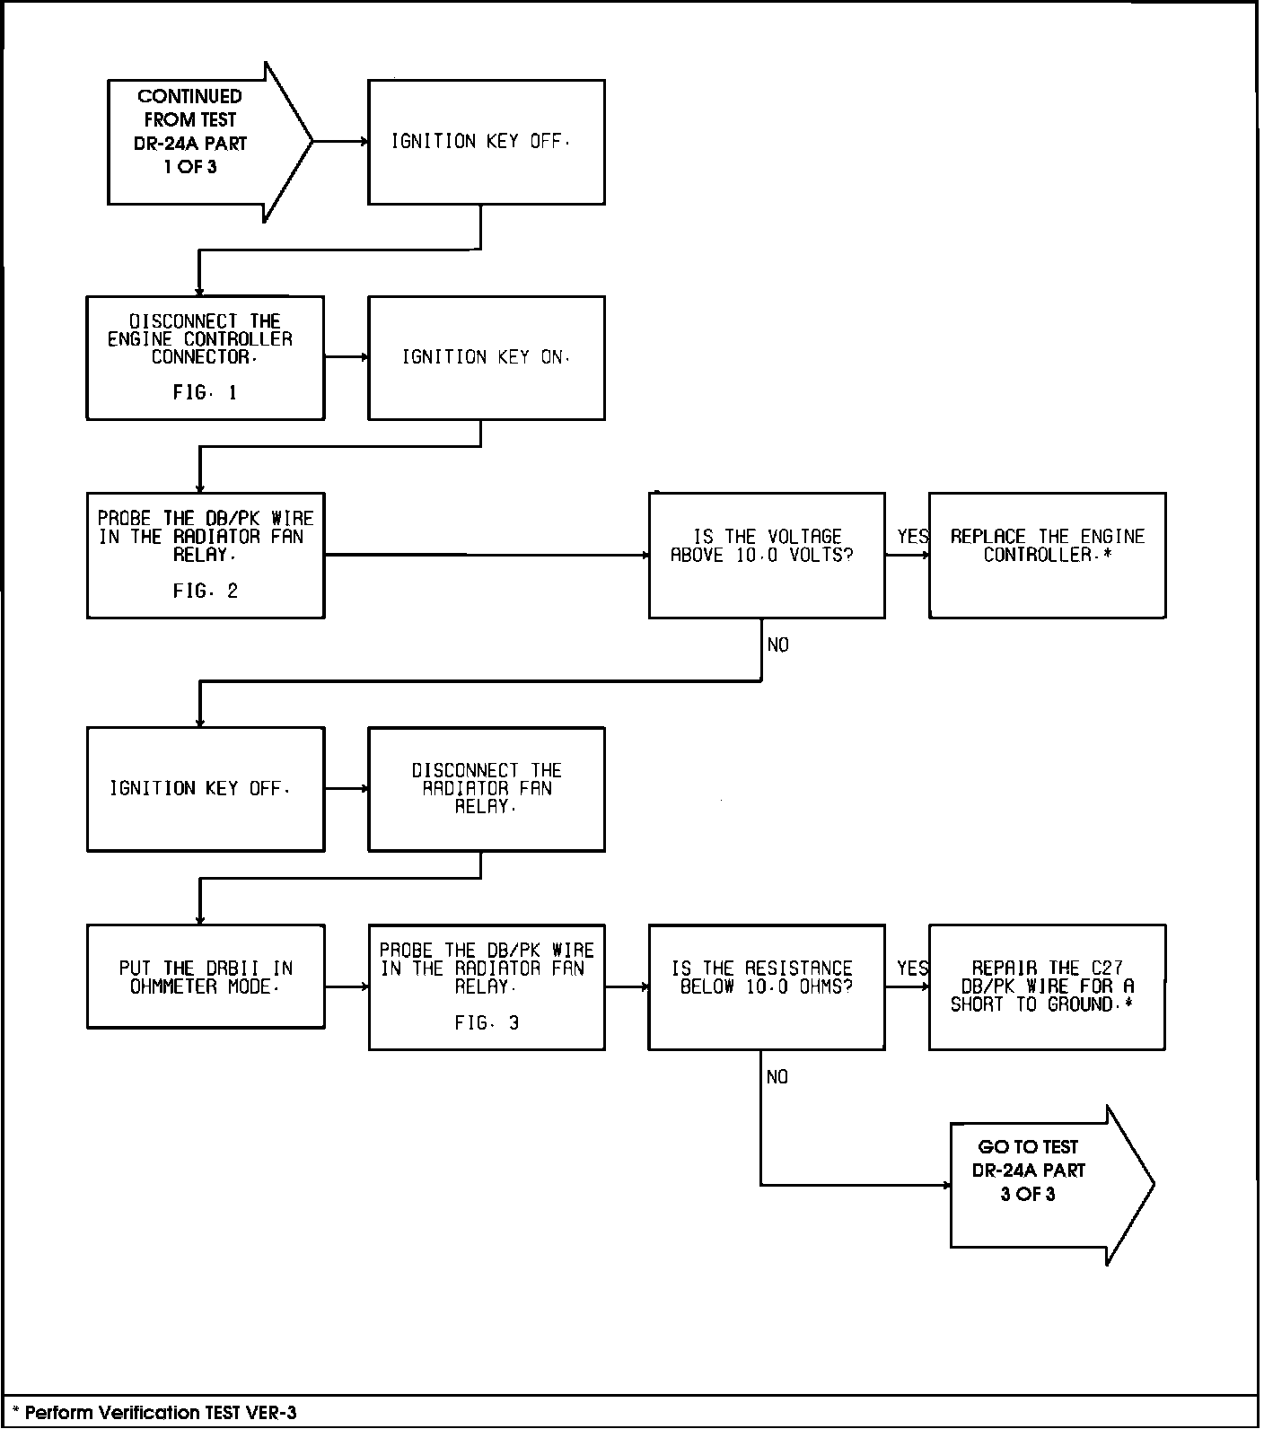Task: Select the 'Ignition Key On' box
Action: [486, 358]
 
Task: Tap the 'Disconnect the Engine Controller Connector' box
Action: [205, 358]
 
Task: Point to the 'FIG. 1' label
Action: [205, 393]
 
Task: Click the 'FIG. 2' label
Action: [205, 592]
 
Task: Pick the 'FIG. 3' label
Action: [486, 1023]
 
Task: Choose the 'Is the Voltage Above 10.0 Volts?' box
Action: [767, 555]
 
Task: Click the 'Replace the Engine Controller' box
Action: [1047, 555]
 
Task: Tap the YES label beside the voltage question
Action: [913, 537]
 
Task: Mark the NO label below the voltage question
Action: [778, 645]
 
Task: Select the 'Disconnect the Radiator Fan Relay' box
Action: [486, 789]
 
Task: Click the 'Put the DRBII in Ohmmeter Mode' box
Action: [205, 977]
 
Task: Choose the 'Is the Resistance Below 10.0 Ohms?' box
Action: [767, 986]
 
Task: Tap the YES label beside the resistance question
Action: [913, 969]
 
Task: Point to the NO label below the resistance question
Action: [777, 1077]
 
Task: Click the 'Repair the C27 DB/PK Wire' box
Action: [1047, 986]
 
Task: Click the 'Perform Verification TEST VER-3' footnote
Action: [154, 1413]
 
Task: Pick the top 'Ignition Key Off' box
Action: [486, 142]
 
